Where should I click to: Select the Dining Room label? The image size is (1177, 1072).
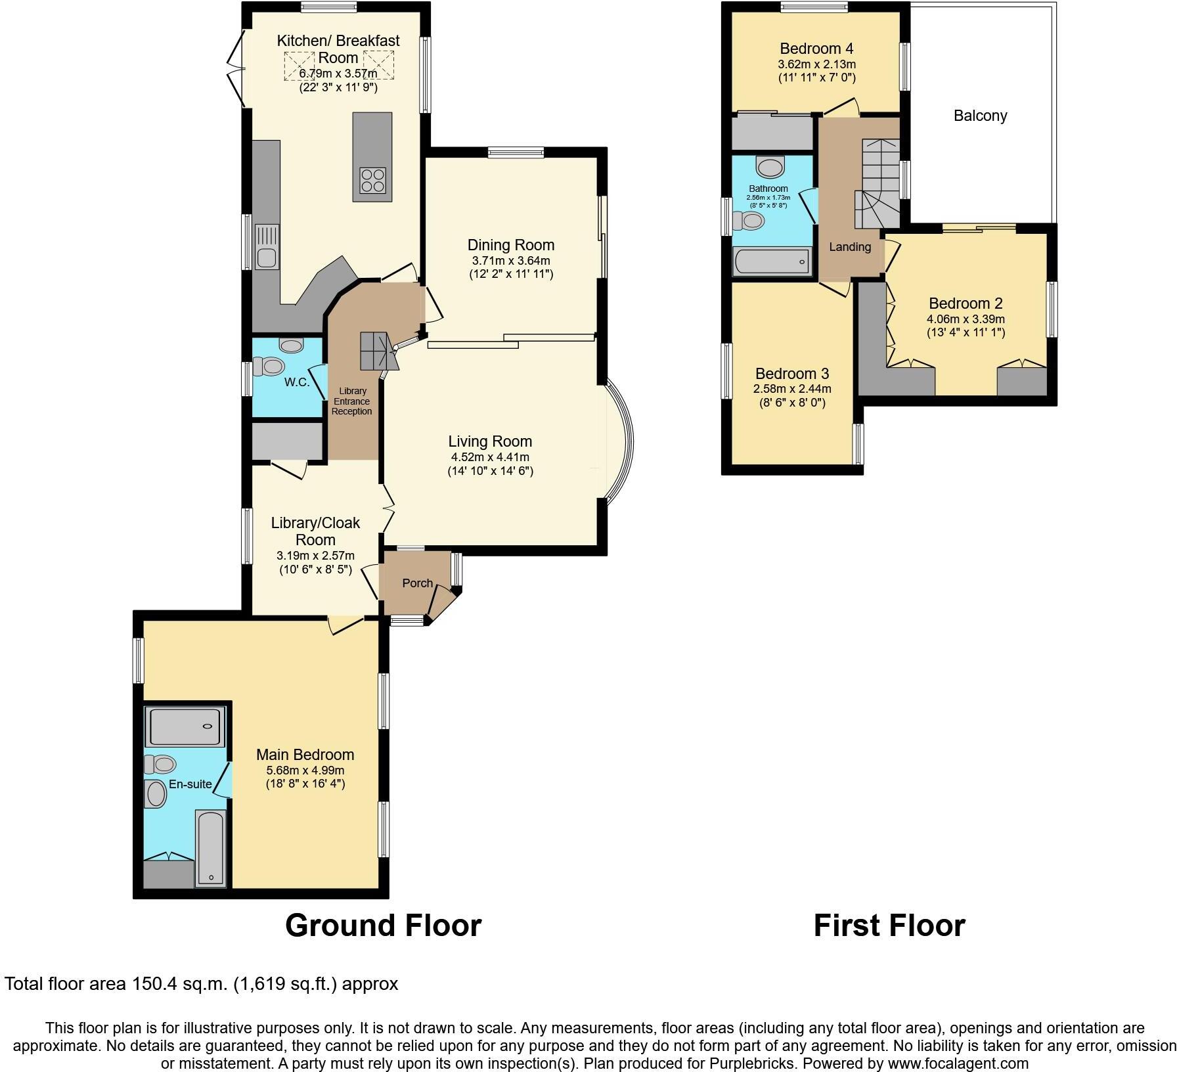(510, 245)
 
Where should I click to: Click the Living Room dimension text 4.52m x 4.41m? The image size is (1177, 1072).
(490, 457)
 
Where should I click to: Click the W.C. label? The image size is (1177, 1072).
(297, 382)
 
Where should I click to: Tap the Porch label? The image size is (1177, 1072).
(417, 583)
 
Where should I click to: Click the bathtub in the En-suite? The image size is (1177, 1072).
(211, 849)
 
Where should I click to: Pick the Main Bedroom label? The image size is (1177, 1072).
(305, 755)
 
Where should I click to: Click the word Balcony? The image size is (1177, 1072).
(980, 116)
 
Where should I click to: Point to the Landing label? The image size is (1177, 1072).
(850, 247)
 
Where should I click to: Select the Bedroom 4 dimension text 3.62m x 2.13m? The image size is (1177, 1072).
(816, 64)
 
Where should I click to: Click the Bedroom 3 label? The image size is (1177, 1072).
(792, 374)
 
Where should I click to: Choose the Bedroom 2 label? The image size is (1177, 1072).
(966, 303)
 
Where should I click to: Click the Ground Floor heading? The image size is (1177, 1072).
(383, 925)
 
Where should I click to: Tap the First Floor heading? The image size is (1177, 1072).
(889, 926)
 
